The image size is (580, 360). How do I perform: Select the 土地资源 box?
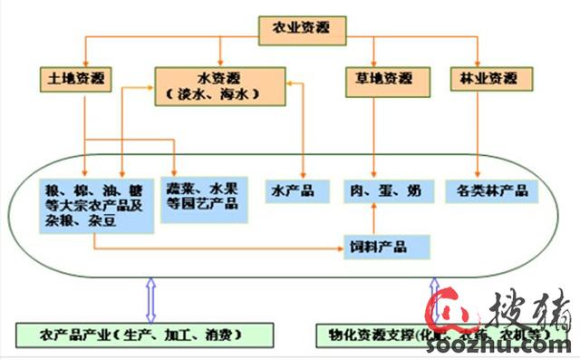(72, 79)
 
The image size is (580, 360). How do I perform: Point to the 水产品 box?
(292, 191)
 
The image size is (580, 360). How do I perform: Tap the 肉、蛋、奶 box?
(384, 191)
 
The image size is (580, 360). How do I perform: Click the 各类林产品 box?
(491, 191)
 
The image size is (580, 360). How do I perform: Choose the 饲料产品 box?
(385, 246)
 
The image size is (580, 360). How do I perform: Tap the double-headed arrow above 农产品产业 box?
(151, 300)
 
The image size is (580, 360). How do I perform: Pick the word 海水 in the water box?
(241, 94)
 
